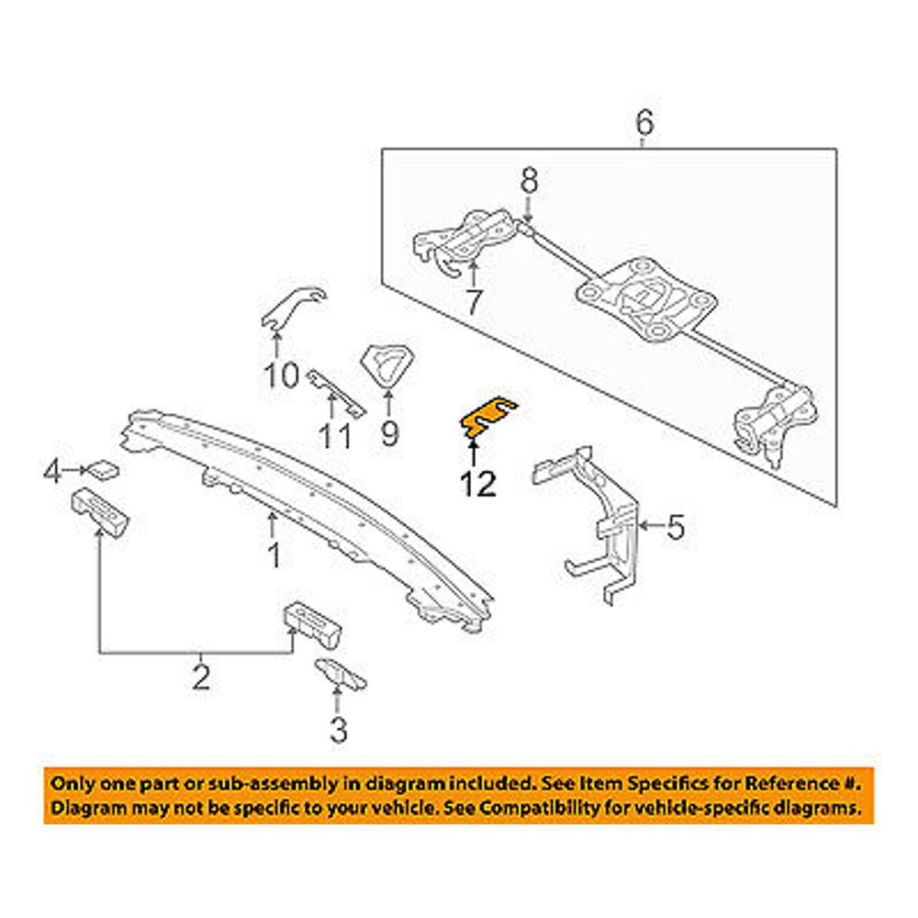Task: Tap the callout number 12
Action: click(477, 483)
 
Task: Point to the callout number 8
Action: click(529, 181)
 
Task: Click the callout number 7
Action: click(472, 300)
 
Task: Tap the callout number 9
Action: click(389, 431)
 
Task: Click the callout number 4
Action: click(53, 472)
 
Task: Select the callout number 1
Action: click(273, 554)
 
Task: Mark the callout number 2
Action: click(201, 677)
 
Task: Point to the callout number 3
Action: click(339, 731)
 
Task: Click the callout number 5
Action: click(675, 527)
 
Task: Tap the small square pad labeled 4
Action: click(103, 470)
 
